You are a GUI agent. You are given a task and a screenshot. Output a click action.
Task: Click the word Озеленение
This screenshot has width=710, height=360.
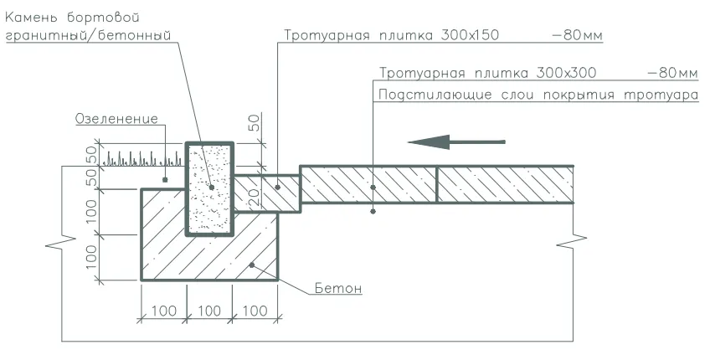[x=116, y=119]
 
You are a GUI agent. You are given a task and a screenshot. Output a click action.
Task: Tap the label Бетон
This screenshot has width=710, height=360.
[x=338, y=288]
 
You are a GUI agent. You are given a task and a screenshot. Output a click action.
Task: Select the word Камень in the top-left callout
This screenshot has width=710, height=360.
[x=31, y=18]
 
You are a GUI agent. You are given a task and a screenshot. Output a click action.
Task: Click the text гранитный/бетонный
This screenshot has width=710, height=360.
[x=88, y=35]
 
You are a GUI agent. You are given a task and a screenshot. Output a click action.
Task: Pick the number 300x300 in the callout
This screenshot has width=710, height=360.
[x=566, y=73]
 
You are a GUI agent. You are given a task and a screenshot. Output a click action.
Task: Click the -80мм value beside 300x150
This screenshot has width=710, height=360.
[x=578, y=35]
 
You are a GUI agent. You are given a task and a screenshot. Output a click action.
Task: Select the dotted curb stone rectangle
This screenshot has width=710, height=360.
[x=210, y=188]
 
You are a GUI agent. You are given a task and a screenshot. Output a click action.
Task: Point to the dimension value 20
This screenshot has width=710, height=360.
[x=254, y=197]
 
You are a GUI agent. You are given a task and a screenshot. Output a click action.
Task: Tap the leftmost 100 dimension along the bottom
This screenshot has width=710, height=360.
[x=163, y=311]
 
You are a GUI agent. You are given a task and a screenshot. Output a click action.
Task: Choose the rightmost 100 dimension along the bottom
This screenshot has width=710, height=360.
[x=255, y=311]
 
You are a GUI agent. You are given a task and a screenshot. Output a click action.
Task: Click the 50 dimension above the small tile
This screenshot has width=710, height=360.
[x=255, y=123]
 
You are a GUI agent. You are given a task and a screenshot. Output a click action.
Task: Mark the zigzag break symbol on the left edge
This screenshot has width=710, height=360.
[x=61, y=243]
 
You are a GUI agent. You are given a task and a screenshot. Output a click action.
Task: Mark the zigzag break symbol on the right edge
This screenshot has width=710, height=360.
[x=572, y=241]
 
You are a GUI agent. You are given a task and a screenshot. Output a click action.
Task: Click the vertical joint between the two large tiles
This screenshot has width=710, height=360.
[x=436, y=184]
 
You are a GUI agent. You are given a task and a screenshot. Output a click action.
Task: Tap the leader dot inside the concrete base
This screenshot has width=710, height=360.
[x=252, y=265]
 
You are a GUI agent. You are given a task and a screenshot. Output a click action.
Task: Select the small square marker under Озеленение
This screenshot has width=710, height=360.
[x=165, y=180]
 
